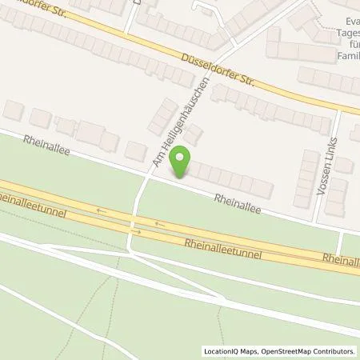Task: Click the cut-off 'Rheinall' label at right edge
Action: click(x=341, y=260)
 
